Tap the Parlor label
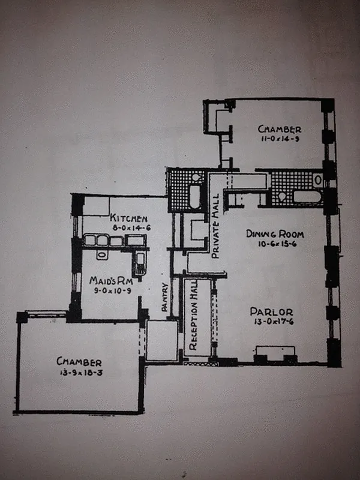tap(271, 311)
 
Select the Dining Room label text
tap(278, 233)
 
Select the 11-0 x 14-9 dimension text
tap(280, 139)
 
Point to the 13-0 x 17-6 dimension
tap(271, 322)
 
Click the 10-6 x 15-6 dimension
tap(278, 244)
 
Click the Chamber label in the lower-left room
tap(79, 362)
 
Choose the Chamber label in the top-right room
tap(280, 129)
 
